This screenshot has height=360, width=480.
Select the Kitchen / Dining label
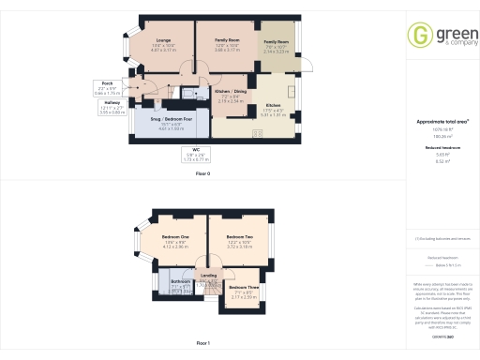pos(229,94)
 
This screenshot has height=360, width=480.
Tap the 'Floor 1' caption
pos(202,344)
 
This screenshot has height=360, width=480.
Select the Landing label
pos(208,276)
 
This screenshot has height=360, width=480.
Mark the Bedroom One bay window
pos(139,245)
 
